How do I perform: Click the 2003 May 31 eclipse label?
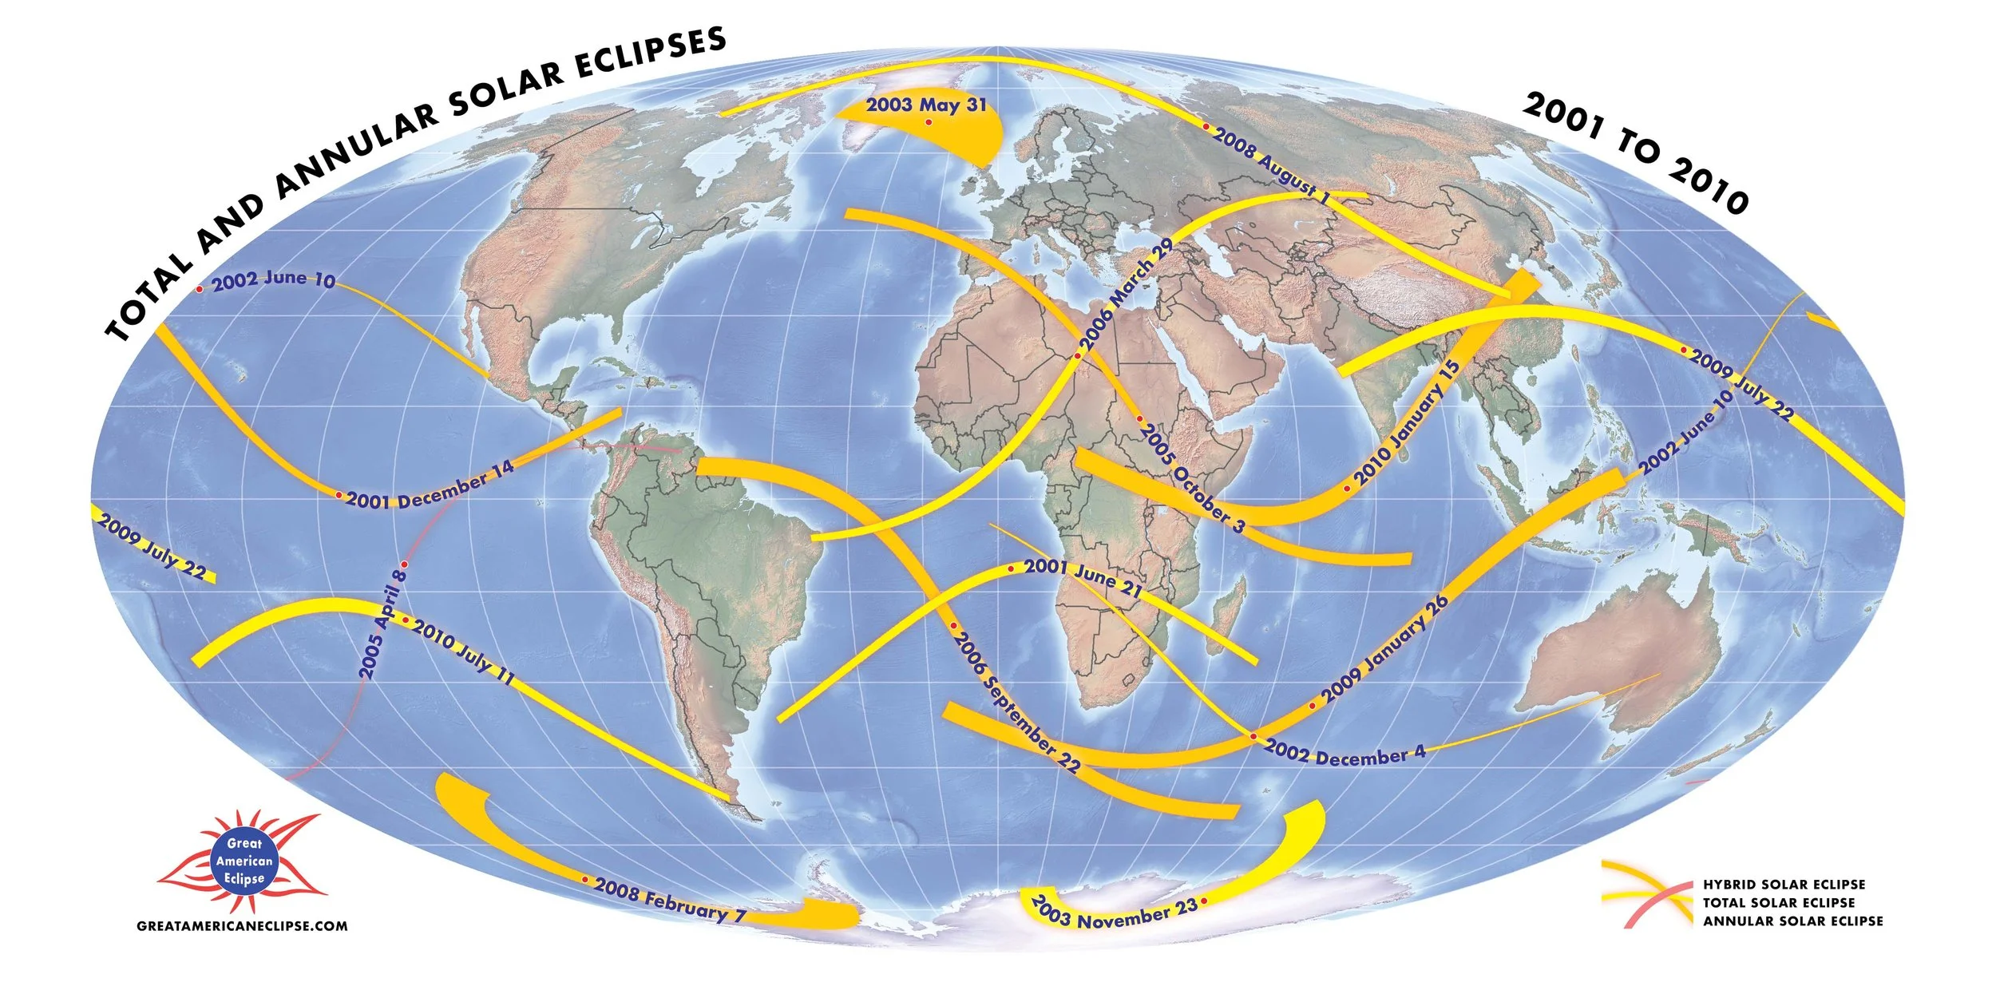pyautogui.click(x=926, y=105)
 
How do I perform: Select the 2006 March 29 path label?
pyautogui.click(x=1127, y=296)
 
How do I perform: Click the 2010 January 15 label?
pyautogui.click(x=1406, y=424)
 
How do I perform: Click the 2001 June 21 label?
pyautogui.click(x=1083, y=576)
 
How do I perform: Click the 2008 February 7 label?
pyautogui.click(x=670, y=900)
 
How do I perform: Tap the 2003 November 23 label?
pyautogui.click(x=1114, y=913)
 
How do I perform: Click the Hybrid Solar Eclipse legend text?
pyautogui.click(x=1784, y=885)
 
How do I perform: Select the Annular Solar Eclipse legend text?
pyautogui.click(x=1792, y=921)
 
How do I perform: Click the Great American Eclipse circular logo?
pyautogui.click(x=244, y=861)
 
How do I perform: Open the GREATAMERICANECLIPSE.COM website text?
pyautogui.click(x=243, y=926)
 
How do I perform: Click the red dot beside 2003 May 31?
pyautogui.click(x=929, y=122)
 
